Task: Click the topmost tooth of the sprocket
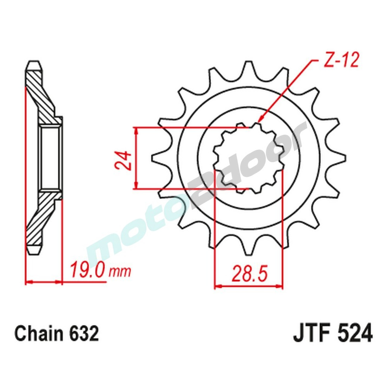click(x=248, y=70)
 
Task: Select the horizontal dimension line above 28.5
click(x=249, y=288)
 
